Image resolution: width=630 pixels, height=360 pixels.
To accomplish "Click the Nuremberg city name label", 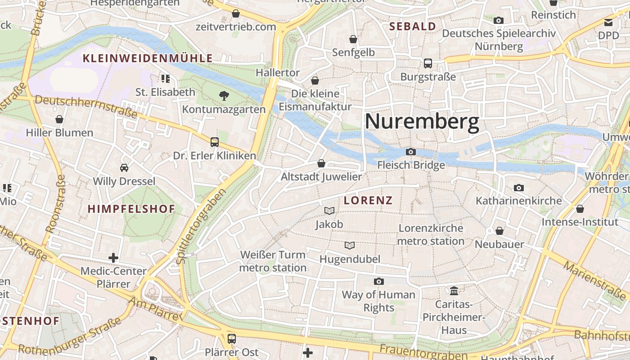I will (x=422, y=122).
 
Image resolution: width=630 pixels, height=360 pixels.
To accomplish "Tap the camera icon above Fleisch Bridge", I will (x=410, y=152).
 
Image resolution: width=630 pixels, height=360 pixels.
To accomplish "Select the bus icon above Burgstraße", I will (x=427, y=63).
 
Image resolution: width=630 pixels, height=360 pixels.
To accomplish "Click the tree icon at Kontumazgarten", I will (x=224, y=95).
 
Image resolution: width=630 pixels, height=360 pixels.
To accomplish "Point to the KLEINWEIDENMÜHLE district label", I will (x=148, y=58).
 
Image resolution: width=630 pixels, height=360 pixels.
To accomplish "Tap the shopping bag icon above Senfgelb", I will (x=353, y=39).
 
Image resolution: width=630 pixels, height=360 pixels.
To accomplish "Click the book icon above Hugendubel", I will (x=350, y=245).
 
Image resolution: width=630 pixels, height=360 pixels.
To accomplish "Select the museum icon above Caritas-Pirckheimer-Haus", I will (x=454, y=291).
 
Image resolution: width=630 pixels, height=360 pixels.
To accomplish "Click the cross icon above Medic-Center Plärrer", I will (x=113, y=258).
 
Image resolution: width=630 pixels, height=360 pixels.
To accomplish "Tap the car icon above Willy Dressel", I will (x=124, y=168).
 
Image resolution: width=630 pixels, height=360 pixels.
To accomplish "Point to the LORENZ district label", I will (x=368, y=201).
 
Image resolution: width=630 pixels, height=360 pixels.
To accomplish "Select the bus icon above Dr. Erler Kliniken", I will (x=215, y=142).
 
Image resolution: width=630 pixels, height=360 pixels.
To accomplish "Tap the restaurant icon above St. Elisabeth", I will (x=165, y=79).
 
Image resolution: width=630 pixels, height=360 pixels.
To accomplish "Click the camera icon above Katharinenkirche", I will (x=518, y=188).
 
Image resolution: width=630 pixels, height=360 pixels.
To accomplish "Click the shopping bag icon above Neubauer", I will (x=499, y=231).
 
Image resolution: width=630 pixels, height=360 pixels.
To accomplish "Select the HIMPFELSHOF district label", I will (x=131, y=209).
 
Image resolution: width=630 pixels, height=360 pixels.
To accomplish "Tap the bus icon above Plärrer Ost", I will (x=231, y=338).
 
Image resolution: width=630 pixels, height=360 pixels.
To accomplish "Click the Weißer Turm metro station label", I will (x=273, y=261).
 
